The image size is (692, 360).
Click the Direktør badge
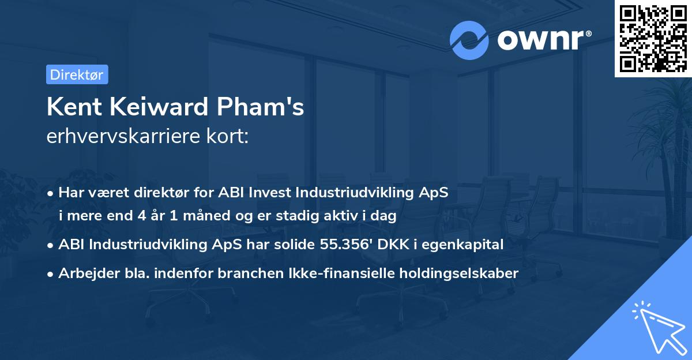pos(77,74)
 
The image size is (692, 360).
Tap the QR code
pos(653,38)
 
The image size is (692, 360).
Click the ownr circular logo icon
pos(469,39)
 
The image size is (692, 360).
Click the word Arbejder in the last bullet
pos(84,273)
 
